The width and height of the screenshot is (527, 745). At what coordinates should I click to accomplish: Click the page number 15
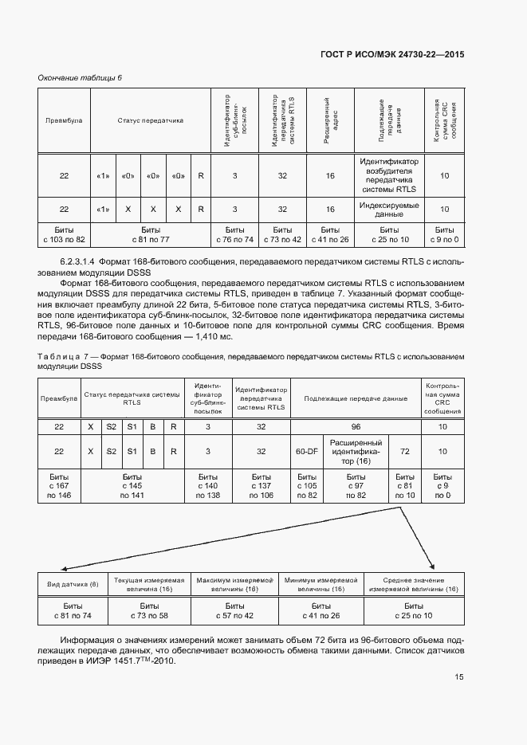pyautogui.click(x=459, y=677)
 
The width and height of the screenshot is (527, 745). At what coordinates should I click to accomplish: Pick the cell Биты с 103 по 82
pyautogui.click(x=64, y=234)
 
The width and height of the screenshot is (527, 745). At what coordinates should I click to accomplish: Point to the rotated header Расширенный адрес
pyautogui.click(x=330, y=120)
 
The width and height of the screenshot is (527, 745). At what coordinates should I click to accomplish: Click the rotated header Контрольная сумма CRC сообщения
pyautogui.click(x=444, y=120)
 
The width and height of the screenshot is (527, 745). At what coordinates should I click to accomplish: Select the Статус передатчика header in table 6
pyautogui.click(x=151, y=121)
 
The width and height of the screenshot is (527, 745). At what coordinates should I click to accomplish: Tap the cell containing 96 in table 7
pyautogui.click(x=356, y=427)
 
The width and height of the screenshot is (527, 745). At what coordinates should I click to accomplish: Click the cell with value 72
pyautogui.click(x=404, y=451)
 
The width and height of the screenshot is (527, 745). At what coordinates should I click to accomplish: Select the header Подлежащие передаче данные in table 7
pyautogui.click(x=356, y=397)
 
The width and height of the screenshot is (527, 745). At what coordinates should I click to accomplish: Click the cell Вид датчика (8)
pyautogui.click(x=73, y=586)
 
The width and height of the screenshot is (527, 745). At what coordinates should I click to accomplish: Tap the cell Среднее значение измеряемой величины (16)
pyautogui.click(x=419, y=585)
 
